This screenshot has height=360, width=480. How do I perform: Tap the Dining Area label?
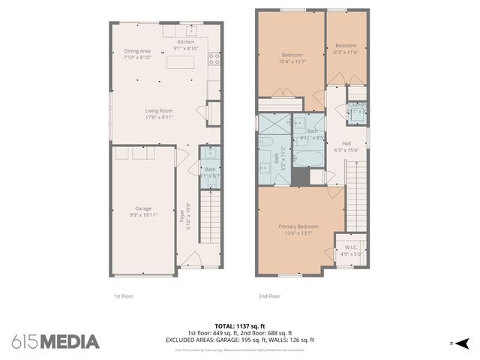click(x=138, y=51)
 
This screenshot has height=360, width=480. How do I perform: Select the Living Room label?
click(x=159, y=111)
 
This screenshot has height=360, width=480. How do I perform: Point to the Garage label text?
click(x=143, y=208)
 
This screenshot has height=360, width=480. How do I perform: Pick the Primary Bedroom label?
click(x=298, y=226)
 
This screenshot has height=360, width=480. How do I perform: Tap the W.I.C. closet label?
click(x=351, y=247)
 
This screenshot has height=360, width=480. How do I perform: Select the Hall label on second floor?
click(x=346, y=143)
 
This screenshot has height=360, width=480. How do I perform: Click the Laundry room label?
click(x=357, y=104)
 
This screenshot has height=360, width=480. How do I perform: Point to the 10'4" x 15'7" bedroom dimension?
click(x=292, y=61)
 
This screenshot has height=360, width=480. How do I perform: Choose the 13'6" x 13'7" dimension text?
click(x=298, y=233)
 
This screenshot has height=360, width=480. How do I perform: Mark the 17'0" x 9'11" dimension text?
click(x=159, y=118)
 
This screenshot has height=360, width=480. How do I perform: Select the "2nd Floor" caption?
click(x=268, y=296)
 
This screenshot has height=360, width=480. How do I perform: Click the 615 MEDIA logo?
click(x=55, y=341)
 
